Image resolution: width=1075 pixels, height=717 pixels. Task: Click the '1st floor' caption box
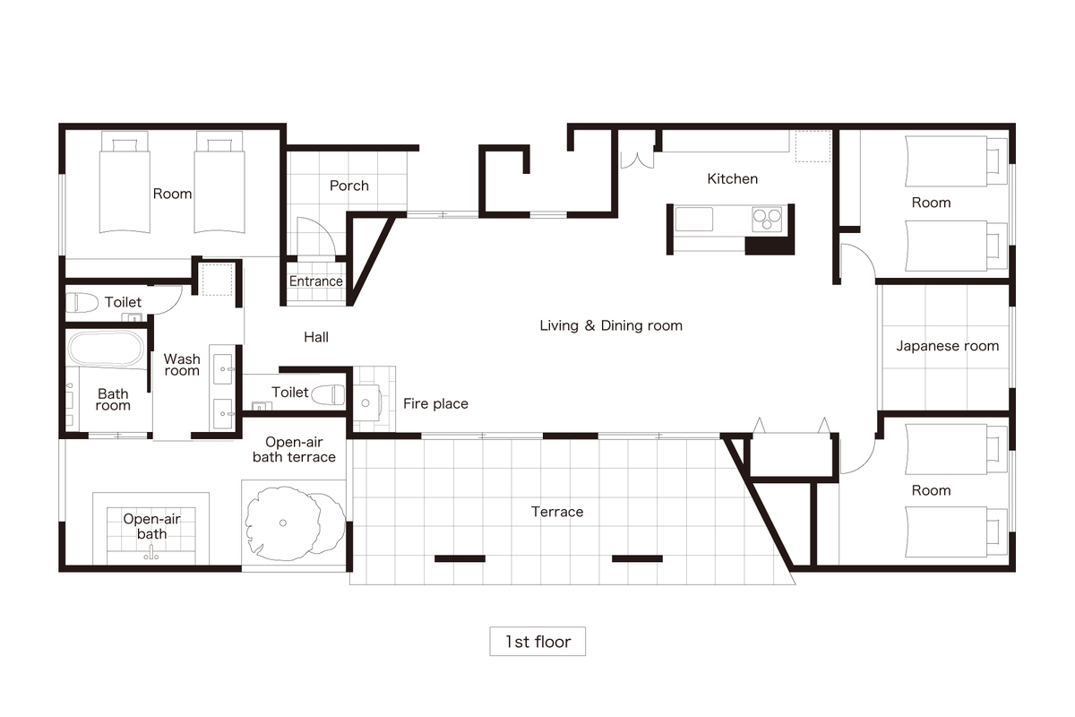pos(537,641)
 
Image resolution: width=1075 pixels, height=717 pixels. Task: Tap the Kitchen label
pos(733,179)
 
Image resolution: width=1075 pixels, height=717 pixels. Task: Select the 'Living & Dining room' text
pos(611,325)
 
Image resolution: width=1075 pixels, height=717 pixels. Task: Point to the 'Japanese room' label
pos(948,346)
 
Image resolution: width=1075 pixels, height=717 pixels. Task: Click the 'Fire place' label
pos(435,404)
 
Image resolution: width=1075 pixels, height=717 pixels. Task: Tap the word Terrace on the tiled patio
pos(557,512)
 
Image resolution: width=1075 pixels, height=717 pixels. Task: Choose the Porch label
pos(348,186)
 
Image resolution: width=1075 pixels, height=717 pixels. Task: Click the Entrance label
pos(315,281)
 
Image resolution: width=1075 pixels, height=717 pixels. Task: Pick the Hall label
pos(316,337)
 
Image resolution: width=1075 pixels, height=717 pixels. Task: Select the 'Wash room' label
pos(181,365)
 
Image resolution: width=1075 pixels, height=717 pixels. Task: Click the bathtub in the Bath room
pos(106,349)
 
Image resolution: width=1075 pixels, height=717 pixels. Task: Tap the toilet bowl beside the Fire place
pos(328,394)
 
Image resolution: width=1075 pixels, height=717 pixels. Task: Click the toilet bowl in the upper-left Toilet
pos(82,303)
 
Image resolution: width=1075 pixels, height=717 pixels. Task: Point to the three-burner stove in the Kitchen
pos(767,220)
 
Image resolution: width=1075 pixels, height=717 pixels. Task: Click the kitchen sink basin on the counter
pos(694,220)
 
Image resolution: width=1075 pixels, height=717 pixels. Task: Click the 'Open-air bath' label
pos(151,526)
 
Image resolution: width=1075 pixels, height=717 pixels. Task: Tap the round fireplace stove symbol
pos(365,403)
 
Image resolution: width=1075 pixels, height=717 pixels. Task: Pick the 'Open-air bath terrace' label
pos(294,450)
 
